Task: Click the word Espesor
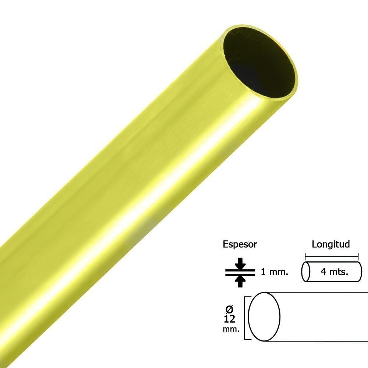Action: pos(240,244)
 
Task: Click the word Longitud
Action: pos(331,244)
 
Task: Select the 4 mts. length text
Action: pos(334,272)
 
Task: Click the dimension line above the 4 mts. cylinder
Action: pos(331,256)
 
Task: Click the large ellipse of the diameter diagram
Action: pos(264,316)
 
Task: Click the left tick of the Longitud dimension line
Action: pos(305,256)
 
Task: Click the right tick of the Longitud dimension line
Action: pos(358,256)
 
